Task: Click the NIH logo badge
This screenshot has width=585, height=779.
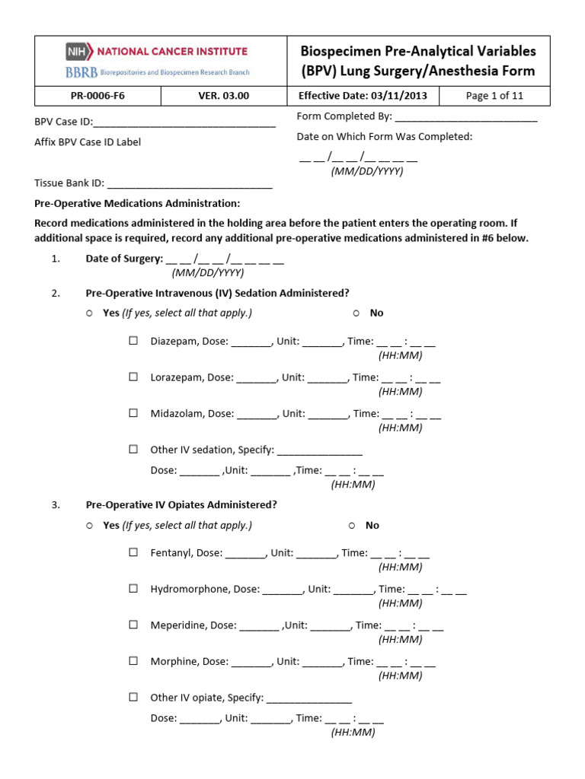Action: tap(77, 52)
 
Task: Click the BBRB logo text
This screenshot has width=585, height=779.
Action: tap(82, 72)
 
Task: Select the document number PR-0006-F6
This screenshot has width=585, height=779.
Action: tap(97, 96)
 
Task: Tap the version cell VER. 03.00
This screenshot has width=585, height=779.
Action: tap(223, 96)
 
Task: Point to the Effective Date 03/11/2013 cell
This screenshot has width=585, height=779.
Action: tap(363, 96)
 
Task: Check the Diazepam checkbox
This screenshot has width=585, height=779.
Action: tap(133, 341)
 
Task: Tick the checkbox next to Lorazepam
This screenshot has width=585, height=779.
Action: tap(133, 377)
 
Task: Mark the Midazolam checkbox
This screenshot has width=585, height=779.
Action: tap(133, 413)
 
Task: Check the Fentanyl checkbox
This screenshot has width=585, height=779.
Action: tap(133, 552)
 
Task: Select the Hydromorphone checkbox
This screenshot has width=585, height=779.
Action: tap(133, 588)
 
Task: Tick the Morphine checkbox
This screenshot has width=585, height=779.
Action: tap(133, 661)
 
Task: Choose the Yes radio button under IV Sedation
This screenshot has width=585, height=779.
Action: tap(89, 313)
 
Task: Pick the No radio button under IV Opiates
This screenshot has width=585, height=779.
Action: tap(352, 525)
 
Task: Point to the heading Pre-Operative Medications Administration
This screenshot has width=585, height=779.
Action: tap(137, 204)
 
